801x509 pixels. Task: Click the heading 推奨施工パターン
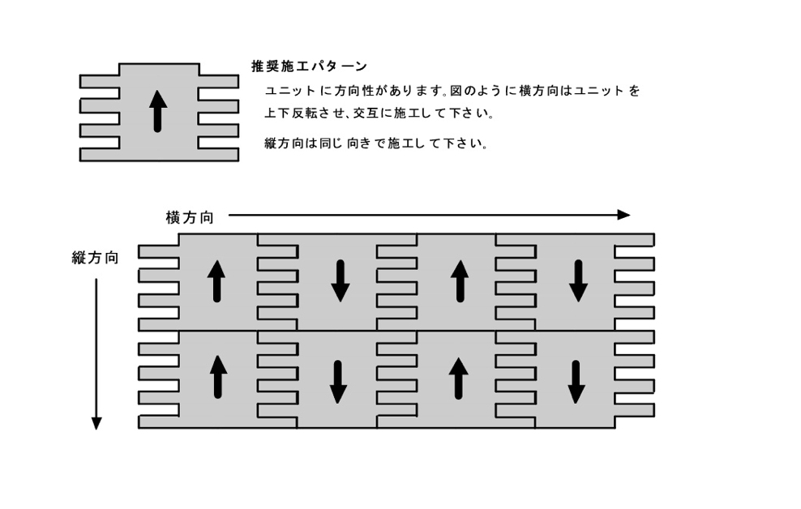click(x=309, y=66)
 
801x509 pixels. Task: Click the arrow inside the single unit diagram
click(x=158, y=111)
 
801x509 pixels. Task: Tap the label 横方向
click(x=190, y=217)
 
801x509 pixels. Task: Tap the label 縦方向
click(x=95, y=258)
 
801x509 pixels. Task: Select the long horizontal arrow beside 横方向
click(x=429, y=215)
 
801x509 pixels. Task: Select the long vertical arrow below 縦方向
click(x=96, y=354)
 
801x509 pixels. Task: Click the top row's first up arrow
click(x=216, y=280)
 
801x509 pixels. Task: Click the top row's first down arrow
click(x=341, y=280)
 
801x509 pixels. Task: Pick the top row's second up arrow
click(x=460, y=280)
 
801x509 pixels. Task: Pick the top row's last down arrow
click(x=578, y=280)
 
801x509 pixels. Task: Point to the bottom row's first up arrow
click(x=218, y=377)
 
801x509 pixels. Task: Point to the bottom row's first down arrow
click(x=337, y=382)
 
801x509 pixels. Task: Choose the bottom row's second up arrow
click(x=458, y=379)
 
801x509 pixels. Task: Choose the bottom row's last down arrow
click(x=576, y=382)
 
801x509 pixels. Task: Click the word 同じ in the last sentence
click(x=331, y=143)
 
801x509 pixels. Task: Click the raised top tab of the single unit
click(x=159, y=69)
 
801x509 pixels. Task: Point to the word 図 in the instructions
click(x=456, y=92)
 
